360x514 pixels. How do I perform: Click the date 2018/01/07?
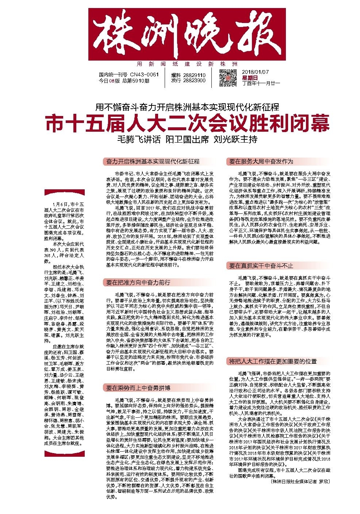pos(255,72)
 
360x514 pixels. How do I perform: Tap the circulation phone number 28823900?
pos(193,80)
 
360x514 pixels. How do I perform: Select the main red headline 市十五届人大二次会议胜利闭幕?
pos(187,123)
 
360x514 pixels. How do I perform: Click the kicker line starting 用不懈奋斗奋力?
pos(187,107)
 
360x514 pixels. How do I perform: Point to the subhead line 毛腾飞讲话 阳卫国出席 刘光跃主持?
pos(187,139)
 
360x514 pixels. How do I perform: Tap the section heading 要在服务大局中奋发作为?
pos(261,161)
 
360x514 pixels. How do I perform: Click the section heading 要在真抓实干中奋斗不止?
pos(261,266)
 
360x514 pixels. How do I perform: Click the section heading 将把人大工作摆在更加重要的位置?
pos(273,361)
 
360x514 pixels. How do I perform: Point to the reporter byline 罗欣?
pos(324,481)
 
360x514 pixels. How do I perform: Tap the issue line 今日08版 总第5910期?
pos(124,81)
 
